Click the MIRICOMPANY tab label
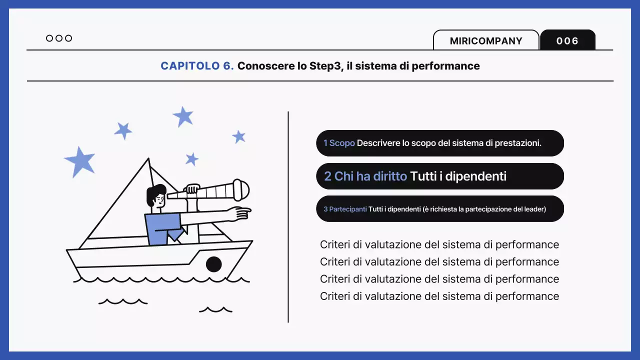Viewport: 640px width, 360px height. tap(486, 41)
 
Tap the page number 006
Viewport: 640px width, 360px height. tap(567, 41)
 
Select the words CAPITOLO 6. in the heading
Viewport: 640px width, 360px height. tap(197, 66)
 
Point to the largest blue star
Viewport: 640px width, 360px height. tap(80, 161)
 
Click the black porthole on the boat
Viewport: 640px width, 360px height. tap(213, 264)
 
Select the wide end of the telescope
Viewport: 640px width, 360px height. tap(241, 189)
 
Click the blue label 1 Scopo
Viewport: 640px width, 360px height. tap(339, 143)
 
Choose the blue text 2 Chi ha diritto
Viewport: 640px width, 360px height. tap(365, 176)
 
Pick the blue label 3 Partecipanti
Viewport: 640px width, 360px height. tap(345, 209)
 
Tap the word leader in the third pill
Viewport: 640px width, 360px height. tap(533, 209)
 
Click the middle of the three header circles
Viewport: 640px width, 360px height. tap(59, 38)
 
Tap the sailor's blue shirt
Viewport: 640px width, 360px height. tap(159, 227)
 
